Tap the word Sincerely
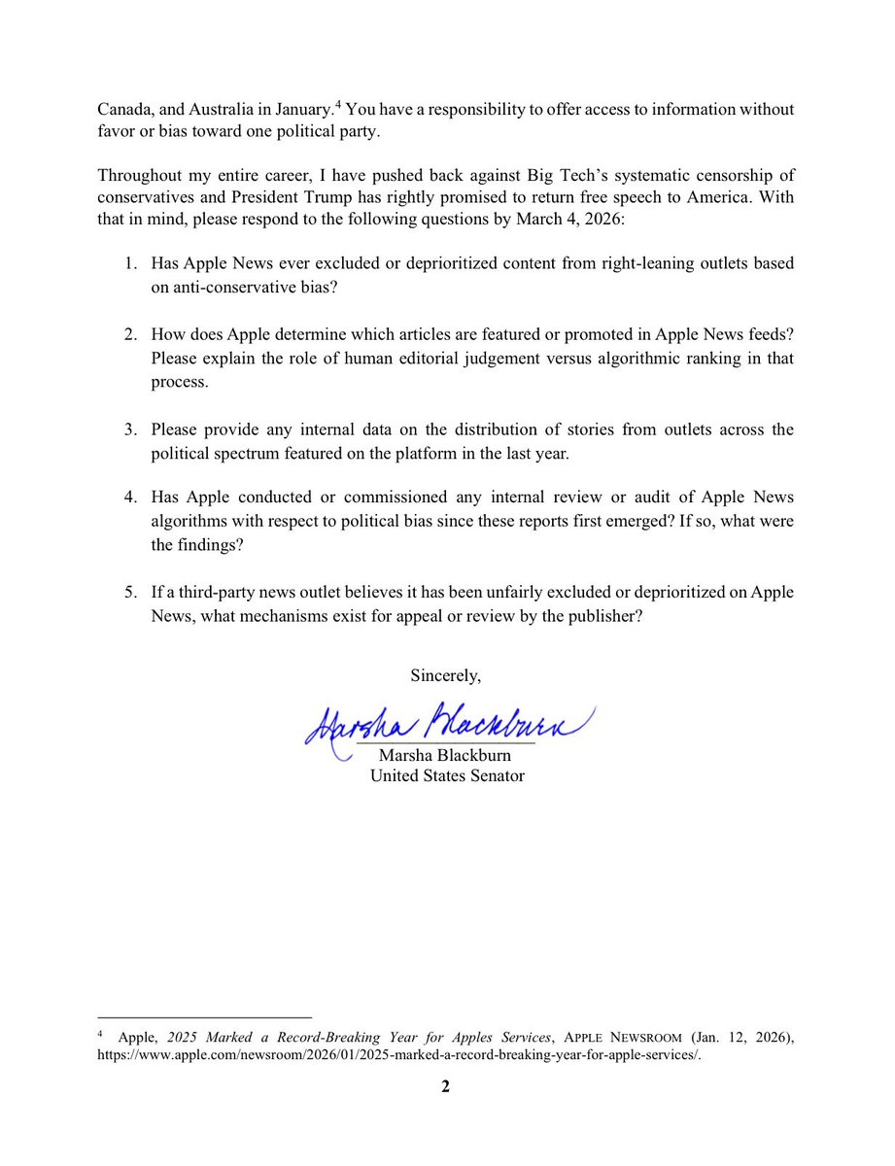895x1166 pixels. (446, 673)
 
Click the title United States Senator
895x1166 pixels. (448, 775)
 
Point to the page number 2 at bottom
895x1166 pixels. (446, 1087)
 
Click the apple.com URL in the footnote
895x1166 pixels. (399, 1056)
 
